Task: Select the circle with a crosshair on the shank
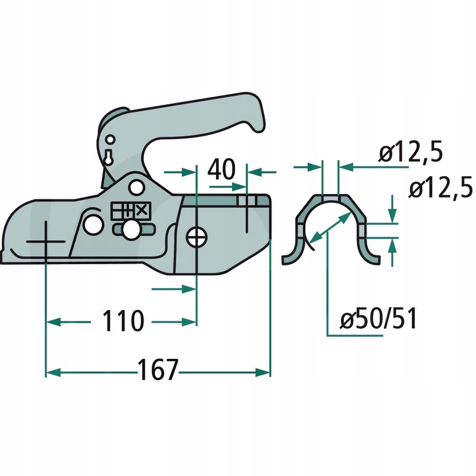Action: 196,237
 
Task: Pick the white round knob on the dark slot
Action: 131,230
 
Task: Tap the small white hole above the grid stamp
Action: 136,187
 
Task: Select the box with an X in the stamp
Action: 142,210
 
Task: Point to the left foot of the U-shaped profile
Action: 290,258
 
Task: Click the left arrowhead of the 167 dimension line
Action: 50,372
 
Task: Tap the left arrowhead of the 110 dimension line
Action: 50,322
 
